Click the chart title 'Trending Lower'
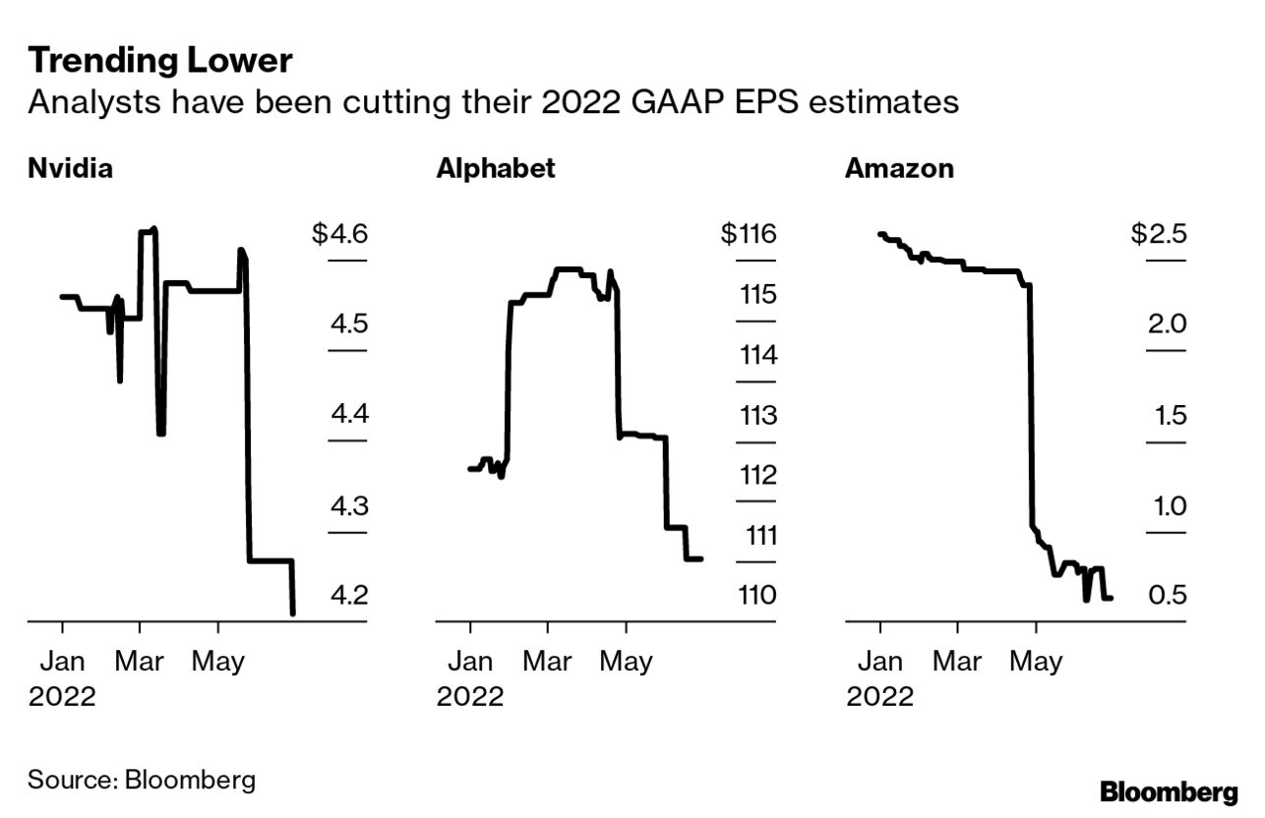click(159, 61)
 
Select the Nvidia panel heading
click(70, 169)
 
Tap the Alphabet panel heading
click(496, 169)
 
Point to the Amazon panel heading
click(899, 169)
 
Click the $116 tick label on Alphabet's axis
click(749, 236)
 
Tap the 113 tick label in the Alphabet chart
click(757, 415)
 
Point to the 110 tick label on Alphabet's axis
click(757, 596)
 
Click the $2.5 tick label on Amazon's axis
click(1159, 236)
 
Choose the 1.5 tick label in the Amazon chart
click(1168, 415)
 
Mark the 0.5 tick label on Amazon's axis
click(1168, 596)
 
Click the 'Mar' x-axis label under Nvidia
click(140, 662)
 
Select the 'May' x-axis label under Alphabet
click(627, 662)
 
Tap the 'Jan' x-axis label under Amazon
click(879, 662)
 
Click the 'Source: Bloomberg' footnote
click(142, 781)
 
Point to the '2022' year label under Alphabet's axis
click(470, 697)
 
